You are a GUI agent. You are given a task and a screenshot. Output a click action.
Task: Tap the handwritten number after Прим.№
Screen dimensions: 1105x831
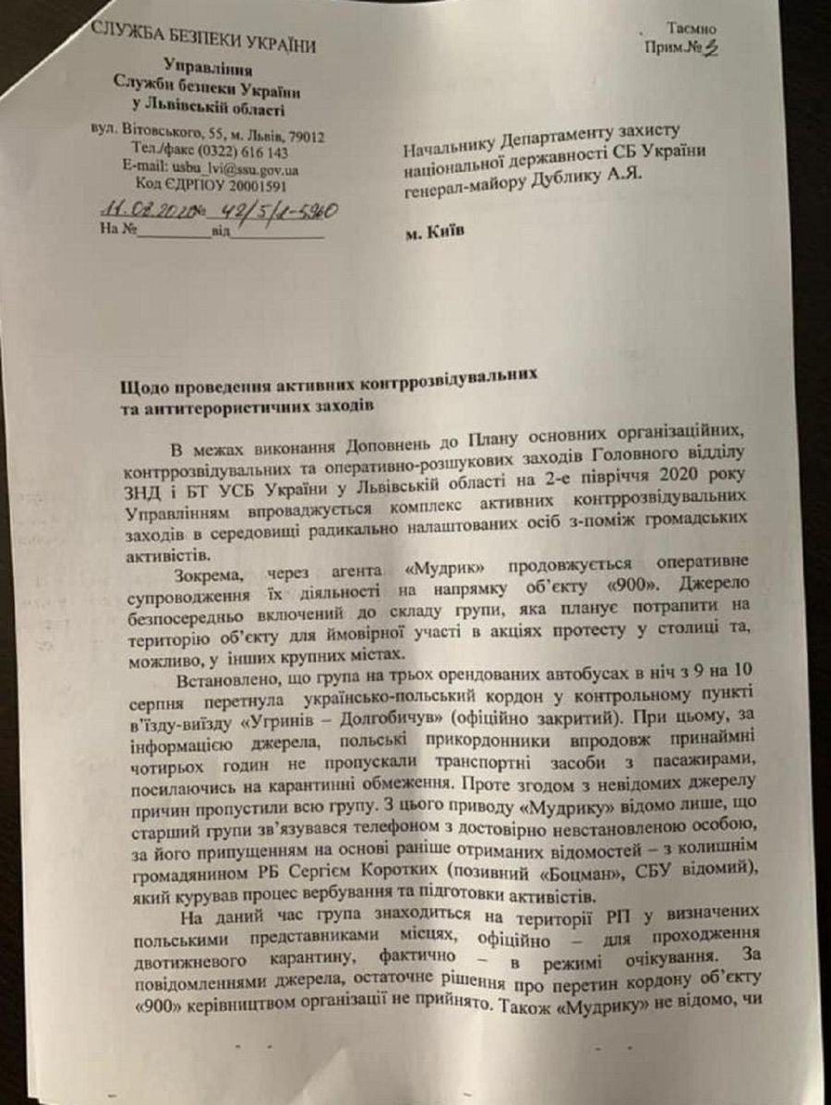click(x=711, y=50)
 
